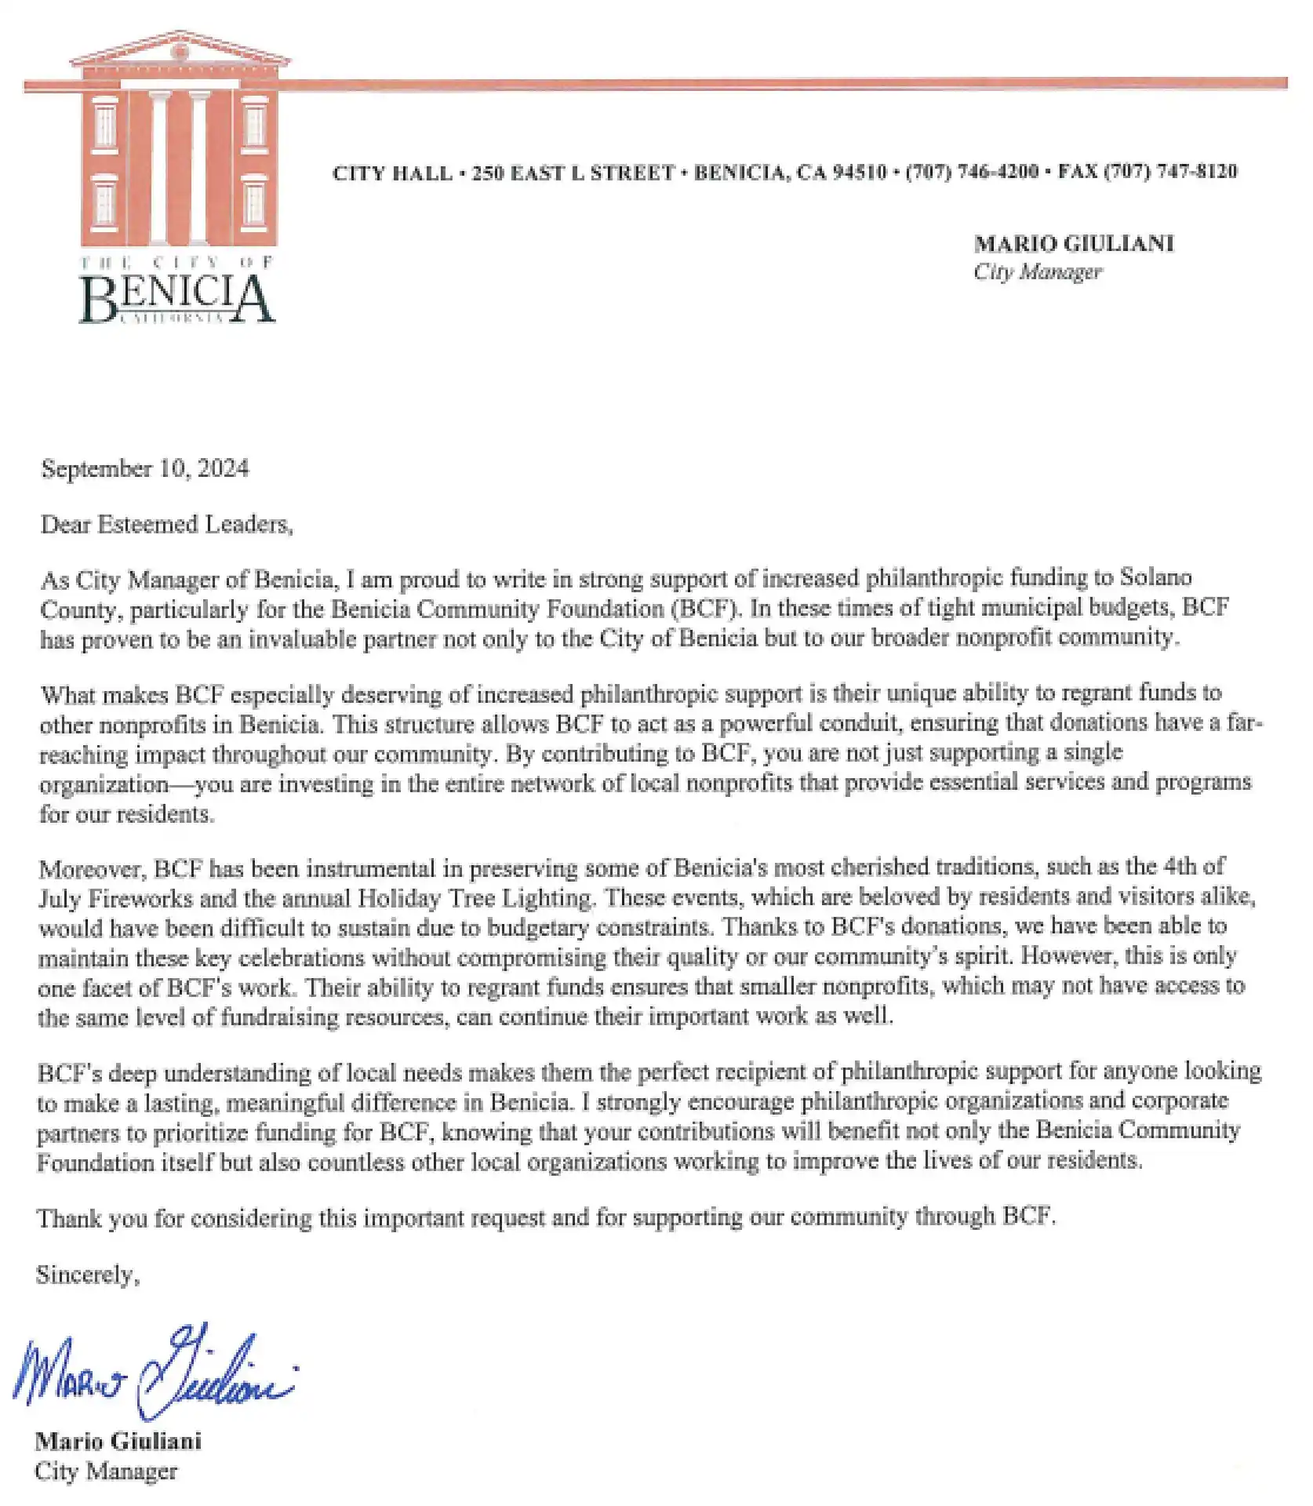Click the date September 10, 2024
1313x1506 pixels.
[145, 469]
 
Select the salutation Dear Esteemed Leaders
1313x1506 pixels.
[166, 524]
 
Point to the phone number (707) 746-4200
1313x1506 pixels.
[972, 172]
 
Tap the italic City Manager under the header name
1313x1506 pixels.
[1037, 272]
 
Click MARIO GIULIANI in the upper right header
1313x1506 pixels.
[1074, 244]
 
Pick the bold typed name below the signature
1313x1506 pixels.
[118, 1442]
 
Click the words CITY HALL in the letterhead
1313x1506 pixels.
[392, 173]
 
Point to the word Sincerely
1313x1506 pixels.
[87, 1275]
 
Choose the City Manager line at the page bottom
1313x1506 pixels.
[106, 1471]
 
